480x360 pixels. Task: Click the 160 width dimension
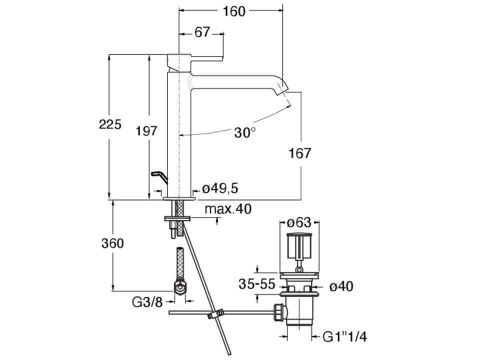(x=234, y=11)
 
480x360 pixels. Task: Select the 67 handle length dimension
(x=202, y=32)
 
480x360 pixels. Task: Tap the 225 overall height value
(x=110, y=124)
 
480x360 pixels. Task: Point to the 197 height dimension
(x=146, y=131)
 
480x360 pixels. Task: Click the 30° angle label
(x=245, y=132)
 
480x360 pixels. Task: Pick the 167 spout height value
(x=300, y=153)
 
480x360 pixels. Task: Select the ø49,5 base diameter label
(x=220, y=188)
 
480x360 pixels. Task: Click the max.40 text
(x=228, y=209)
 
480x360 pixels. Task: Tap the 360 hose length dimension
(x=112, y=243)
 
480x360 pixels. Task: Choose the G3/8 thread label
(x=147, y=302)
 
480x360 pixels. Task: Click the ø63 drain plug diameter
(x=299, y=222)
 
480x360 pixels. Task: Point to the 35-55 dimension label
(x=257, y=284)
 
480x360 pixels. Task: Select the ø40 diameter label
(x=341, y=287)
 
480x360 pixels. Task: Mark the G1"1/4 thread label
(x=345, y=337)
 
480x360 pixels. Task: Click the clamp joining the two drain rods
(x=215, y=314)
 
